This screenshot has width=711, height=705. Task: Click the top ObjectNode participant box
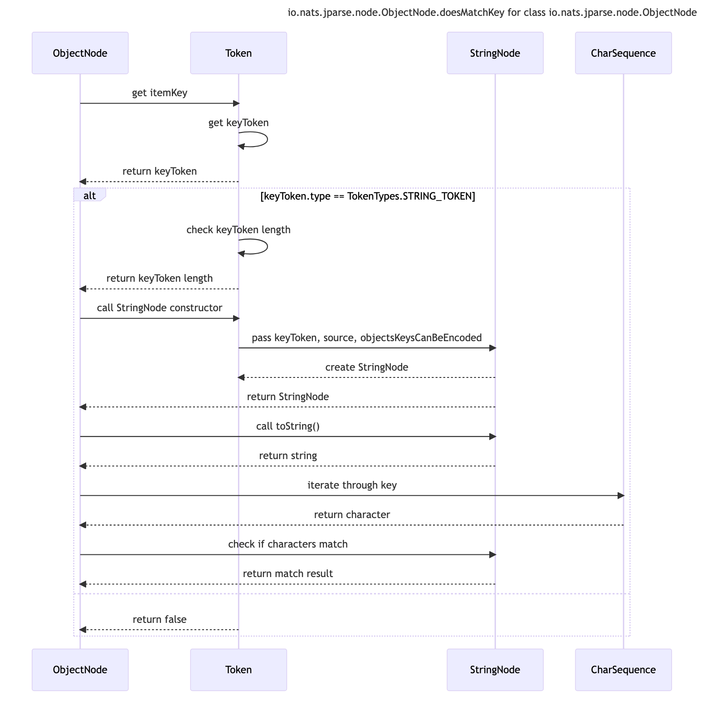pos(80,53)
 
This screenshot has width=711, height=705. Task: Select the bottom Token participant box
pos(238,670)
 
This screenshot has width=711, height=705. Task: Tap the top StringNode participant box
pos(495,53)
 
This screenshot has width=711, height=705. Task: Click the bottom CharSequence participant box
pos(623,670)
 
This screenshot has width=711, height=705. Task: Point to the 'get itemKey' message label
pos(160,93)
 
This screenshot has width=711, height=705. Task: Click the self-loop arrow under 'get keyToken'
pos(267,139)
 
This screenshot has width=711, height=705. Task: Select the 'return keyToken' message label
pos(160,171)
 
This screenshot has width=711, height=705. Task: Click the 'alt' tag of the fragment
pos(89,196)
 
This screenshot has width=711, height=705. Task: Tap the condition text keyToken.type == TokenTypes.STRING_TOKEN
pos(368,196)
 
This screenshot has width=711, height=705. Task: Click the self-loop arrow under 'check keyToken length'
pos(267,246)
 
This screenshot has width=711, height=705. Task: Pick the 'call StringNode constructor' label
pos(160,308)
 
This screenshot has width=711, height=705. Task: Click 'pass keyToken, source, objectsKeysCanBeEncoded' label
pos(366,338)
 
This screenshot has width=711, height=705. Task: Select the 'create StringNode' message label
pos(366,367)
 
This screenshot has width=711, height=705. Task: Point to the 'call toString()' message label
pos(287,426)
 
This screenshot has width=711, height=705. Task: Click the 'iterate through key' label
pos(352,485)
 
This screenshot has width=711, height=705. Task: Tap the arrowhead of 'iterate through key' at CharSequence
pos(621,496)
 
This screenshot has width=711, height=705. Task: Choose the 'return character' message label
pos(352,515)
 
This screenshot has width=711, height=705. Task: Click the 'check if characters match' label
pos(287,544)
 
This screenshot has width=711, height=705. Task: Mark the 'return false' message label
pos(160,620)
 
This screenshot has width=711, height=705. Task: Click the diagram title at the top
pos(492,13)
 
